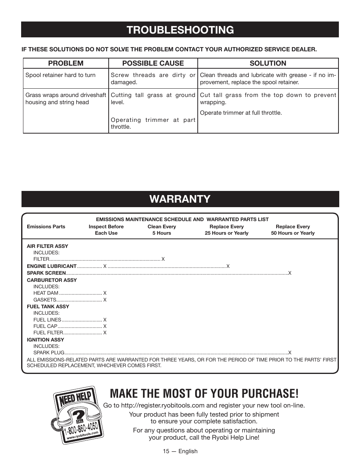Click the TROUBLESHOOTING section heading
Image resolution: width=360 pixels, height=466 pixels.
pos(180,30)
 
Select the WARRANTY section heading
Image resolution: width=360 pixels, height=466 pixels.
pos(180,199)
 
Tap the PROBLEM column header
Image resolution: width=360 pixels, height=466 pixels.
pos(66,63)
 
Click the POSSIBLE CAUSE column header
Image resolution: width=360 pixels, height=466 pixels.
pos(153,63)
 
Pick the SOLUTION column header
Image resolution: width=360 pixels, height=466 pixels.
pos(268,63)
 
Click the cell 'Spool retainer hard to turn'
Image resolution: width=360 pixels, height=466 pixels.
pos(60,75)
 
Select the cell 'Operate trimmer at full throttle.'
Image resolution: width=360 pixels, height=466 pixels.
pos(241,113)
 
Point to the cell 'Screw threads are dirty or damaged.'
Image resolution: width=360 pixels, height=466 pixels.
pos(153,78)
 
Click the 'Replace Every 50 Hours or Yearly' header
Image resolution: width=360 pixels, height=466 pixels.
pos(292,230)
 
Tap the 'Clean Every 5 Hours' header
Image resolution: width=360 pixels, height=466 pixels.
pos(162,230)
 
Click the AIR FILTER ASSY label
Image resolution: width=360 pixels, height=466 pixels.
pos(48,246)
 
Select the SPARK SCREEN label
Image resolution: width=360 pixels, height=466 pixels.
pos(46,273)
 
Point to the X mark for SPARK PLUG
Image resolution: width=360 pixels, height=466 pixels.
pos(290,353)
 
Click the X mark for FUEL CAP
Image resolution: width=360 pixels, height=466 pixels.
pos(105,326)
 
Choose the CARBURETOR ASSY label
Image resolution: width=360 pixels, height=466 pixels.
pos(52,280)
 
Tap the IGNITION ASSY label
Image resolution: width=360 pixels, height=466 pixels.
pos(45,340)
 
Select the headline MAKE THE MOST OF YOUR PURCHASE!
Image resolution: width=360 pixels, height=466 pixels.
pos(204,393)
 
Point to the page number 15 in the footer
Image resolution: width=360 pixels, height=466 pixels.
pos(166,451)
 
